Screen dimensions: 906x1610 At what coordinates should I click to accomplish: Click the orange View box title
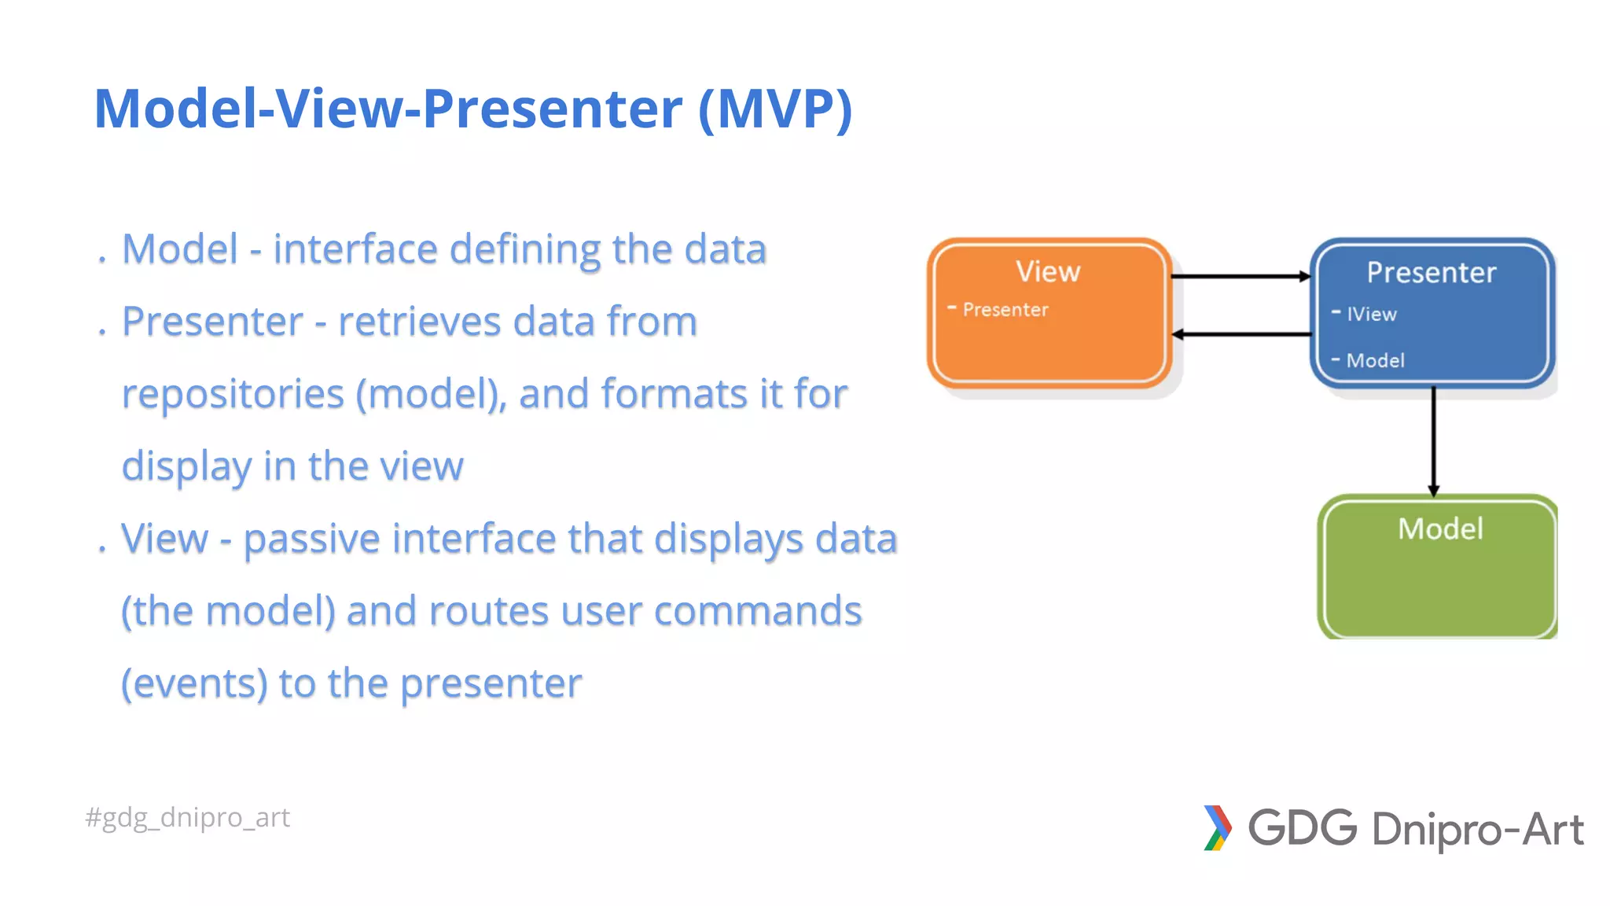click(x=1048, y=271)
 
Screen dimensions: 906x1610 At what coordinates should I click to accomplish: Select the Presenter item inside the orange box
click(x=1005, y=310)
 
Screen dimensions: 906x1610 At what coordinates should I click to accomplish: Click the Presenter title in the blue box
click(x=1431, y=272)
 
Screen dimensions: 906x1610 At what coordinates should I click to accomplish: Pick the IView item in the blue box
click(x=1371, y=314)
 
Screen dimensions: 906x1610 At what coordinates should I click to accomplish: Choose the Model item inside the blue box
click(x=1375, y=360)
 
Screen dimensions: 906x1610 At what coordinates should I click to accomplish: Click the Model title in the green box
click(x=1440, y=528)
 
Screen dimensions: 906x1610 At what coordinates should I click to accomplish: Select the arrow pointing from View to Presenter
click(x=1240, y=276)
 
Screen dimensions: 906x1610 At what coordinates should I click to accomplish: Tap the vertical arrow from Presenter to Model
click(x=1433, y=440)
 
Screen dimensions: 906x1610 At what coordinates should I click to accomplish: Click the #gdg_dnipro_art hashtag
click(x=188, y=817)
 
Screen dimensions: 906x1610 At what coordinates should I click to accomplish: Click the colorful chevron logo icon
click(x=1217, y=828)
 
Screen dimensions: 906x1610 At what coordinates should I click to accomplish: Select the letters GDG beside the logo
click(x=1303, y=828)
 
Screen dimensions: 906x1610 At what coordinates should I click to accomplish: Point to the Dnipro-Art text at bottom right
click(x=1477, y=830)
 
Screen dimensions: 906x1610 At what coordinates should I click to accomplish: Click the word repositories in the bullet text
click(x=233, y=393)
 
